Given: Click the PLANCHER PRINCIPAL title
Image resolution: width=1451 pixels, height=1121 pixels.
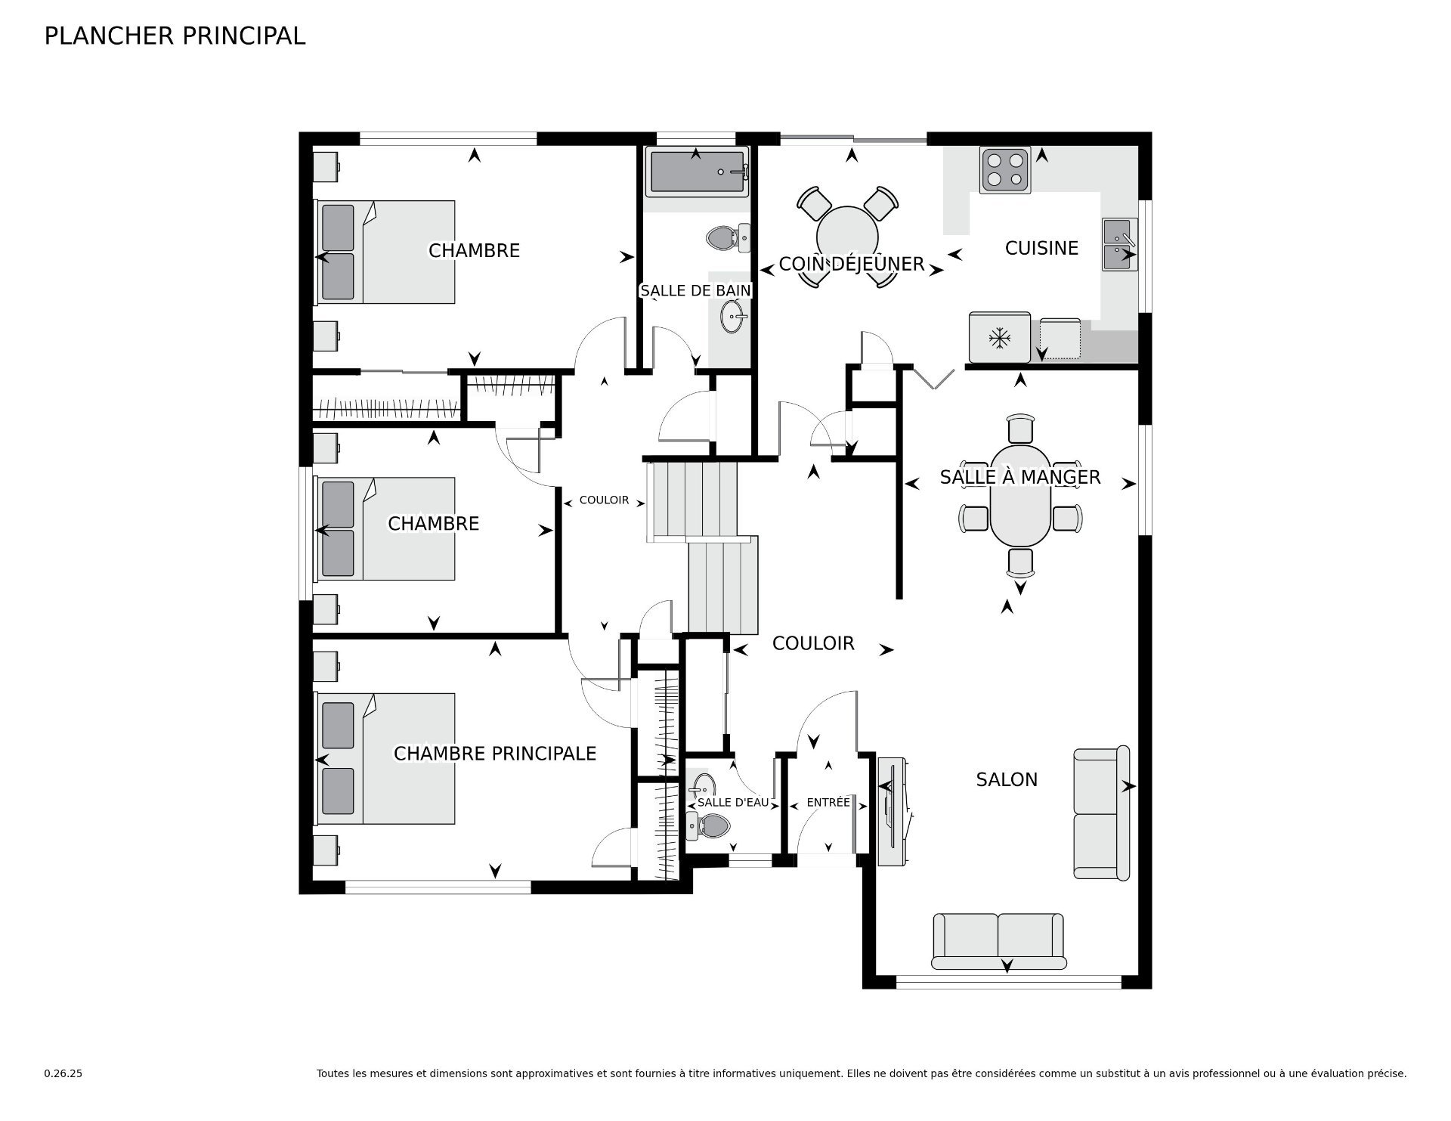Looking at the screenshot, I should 175,36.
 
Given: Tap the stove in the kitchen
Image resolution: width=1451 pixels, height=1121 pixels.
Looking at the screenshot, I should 1005,170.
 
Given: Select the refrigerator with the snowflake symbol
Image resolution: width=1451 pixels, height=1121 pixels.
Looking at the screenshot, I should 1000,337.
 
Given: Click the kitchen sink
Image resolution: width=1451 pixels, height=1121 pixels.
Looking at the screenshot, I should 1119,244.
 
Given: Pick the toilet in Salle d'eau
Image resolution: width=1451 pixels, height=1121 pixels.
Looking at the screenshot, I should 707,826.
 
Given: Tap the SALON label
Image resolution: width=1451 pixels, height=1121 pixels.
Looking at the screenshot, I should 1007,780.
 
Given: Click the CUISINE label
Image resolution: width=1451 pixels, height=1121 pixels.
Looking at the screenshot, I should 1041,248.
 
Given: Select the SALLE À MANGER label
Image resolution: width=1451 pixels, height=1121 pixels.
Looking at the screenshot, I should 1020,477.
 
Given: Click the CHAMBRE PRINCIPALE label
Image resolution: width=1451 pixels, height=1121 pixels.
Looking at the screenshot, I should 495,754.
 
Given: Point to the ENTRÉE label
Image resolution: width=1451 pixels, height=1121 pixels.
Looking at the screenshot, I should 828,802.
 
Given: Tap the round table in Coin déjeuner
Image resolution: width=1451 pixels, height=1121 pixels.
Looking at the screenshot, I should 848,234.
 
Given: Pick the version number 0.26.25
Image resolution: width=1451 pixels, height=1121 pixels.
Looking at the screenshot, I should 63,1073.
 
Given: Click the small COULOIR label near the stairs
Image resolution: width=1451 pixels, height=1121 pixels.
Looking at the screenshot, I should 604,500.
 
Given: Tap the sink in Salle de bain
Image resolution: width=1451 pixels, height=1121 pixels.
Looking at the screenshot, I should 732,317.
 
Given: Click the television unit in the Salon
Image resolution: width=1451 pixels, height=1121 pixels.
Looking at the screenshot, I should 894,810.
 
